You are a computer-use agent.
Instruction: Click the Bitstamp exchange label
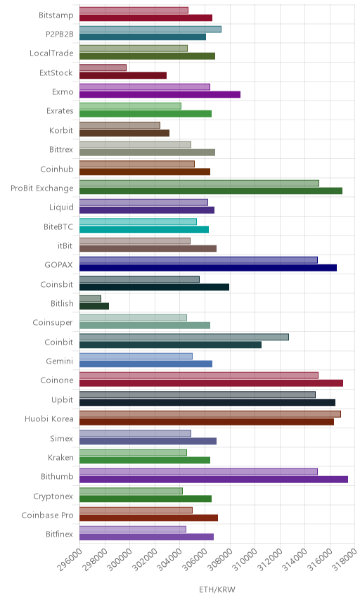click(56, 15)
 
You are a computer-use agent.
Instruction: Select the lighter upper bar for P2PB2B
click(150, 29)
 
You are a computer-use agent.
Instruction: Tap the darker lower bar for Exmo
click(160, 94)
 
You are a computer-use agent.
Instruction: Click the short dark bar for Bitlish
click(94, 306)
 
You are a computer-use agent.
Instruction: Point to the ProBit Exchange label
click(41, 188)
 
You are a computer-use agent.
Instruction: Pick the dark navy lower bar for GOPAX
click(208, 268)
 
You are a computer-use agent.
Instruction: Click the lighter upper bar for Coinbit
click(184, 337)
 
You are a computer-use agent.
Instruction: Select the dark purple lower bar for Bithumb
click(214, 479)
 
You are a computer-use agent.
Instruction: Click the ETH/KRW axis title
click(217, 589)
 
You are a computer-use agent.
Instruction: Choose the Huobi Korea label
click(49, 419)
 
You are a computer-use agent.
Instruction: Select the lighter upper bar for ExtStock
click(103, 68)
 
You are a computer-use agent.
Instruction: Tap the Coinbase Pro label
click(47, 515)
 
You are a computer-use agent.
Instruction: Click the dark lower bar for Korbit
click(124, 133)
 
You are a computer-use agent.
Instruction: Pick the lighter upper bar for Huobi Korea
click(210, 414)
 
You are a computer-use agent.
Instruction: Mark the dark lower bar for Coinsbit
click(154, 287)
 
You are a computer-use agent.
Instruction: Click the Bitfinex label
click(59, 534)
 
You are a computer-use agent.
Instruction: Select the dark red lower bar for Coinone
click(212, 383)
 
